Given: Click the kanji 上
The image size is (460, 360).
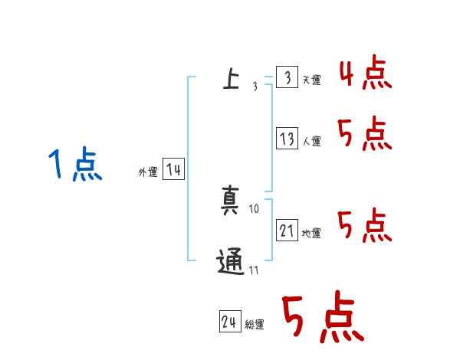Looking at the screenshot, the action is (x=230, y=78).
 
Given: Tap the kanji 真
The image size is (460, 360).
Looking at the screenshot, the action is (x=230, y=200).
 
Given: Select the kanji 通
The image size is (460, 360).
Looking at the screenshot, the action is (x=230, y=263).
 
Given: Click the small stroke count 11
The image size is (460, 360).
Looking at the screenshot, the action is (x=254, y=270).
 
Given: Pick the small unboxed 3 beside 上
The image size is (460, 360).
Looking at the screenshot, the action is (x=255, y=86).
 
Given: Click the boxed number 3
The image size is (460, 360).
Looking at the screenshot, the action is (x=287, y=77).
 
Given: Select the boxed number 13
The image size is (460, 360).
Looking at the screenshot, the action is (x=287, y=139).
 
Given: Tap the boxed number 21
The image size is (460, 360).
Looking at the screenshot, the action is (x=287, y=231).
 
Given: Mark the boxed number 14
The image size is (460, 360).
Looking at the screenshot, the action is (x=173, y=169).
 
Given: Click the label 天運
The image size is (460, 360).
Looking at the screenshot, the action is (x=312, y=80).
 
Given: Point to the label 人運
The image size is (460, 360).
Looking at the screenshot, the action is (x=312, y=142).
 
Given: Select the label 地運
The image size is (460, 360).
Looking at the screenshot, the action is (x=312, y=234).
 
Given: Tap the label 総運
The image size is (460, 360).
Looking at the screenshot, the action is (x=255, y=325).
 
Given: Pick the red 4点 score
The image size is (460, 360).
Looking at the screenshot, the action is (x=364, y=74).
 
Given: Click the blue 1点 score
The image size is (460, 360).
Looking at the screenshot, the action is (x=74, y=165).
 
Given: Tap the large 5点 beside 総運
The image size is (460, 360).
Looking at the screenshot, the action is (x=322, y=318).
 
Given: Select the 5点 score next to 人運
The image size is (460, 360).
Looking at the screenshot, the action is (x=364, y=135).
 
